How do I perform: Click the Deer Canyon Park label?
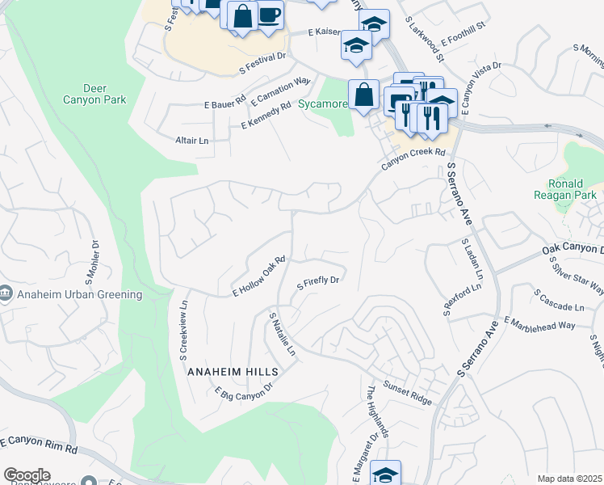click(94, 94)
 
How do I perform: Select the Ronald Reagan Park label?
click(565, 189)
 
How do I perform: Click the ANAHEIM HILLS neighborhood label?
click(233, 371)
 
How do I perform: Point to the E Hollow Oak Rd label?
click(259, 276)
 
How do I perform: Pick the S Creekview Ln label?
click(184, 330)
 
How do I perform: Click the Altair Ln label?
click(192, 140)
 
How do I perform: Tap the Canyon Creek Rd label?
click(413, 158)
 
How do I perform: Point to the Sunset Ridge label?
click(408, 391)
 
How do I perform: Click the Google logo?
click(27, 475)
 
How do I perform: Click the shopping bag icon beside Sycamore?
click(365, 94)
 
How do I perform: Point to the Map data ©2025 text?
click(570, 479)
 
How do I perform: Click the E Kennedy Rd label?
click(266, 116)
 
